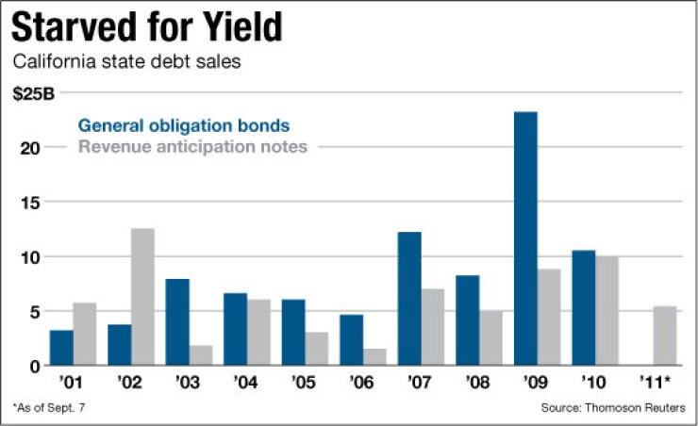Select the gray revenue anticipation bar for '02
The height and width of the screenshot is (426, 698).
[x=142, y=297]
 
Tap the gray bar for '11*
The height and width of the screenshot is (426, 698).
[x=666, y=336]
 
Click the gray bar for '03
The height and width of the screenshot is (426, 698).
[x=201, y=355]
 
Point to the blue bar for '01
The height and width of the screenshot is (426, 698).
[x=61, y=348]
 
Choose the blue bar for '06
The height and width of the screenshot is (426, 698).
[x=351, y=340]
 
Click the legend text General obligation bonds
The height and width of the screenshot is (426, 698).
[x=183, y=125]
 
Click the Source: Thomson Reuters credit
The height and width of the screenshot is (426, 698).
[x=613, y=407]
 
